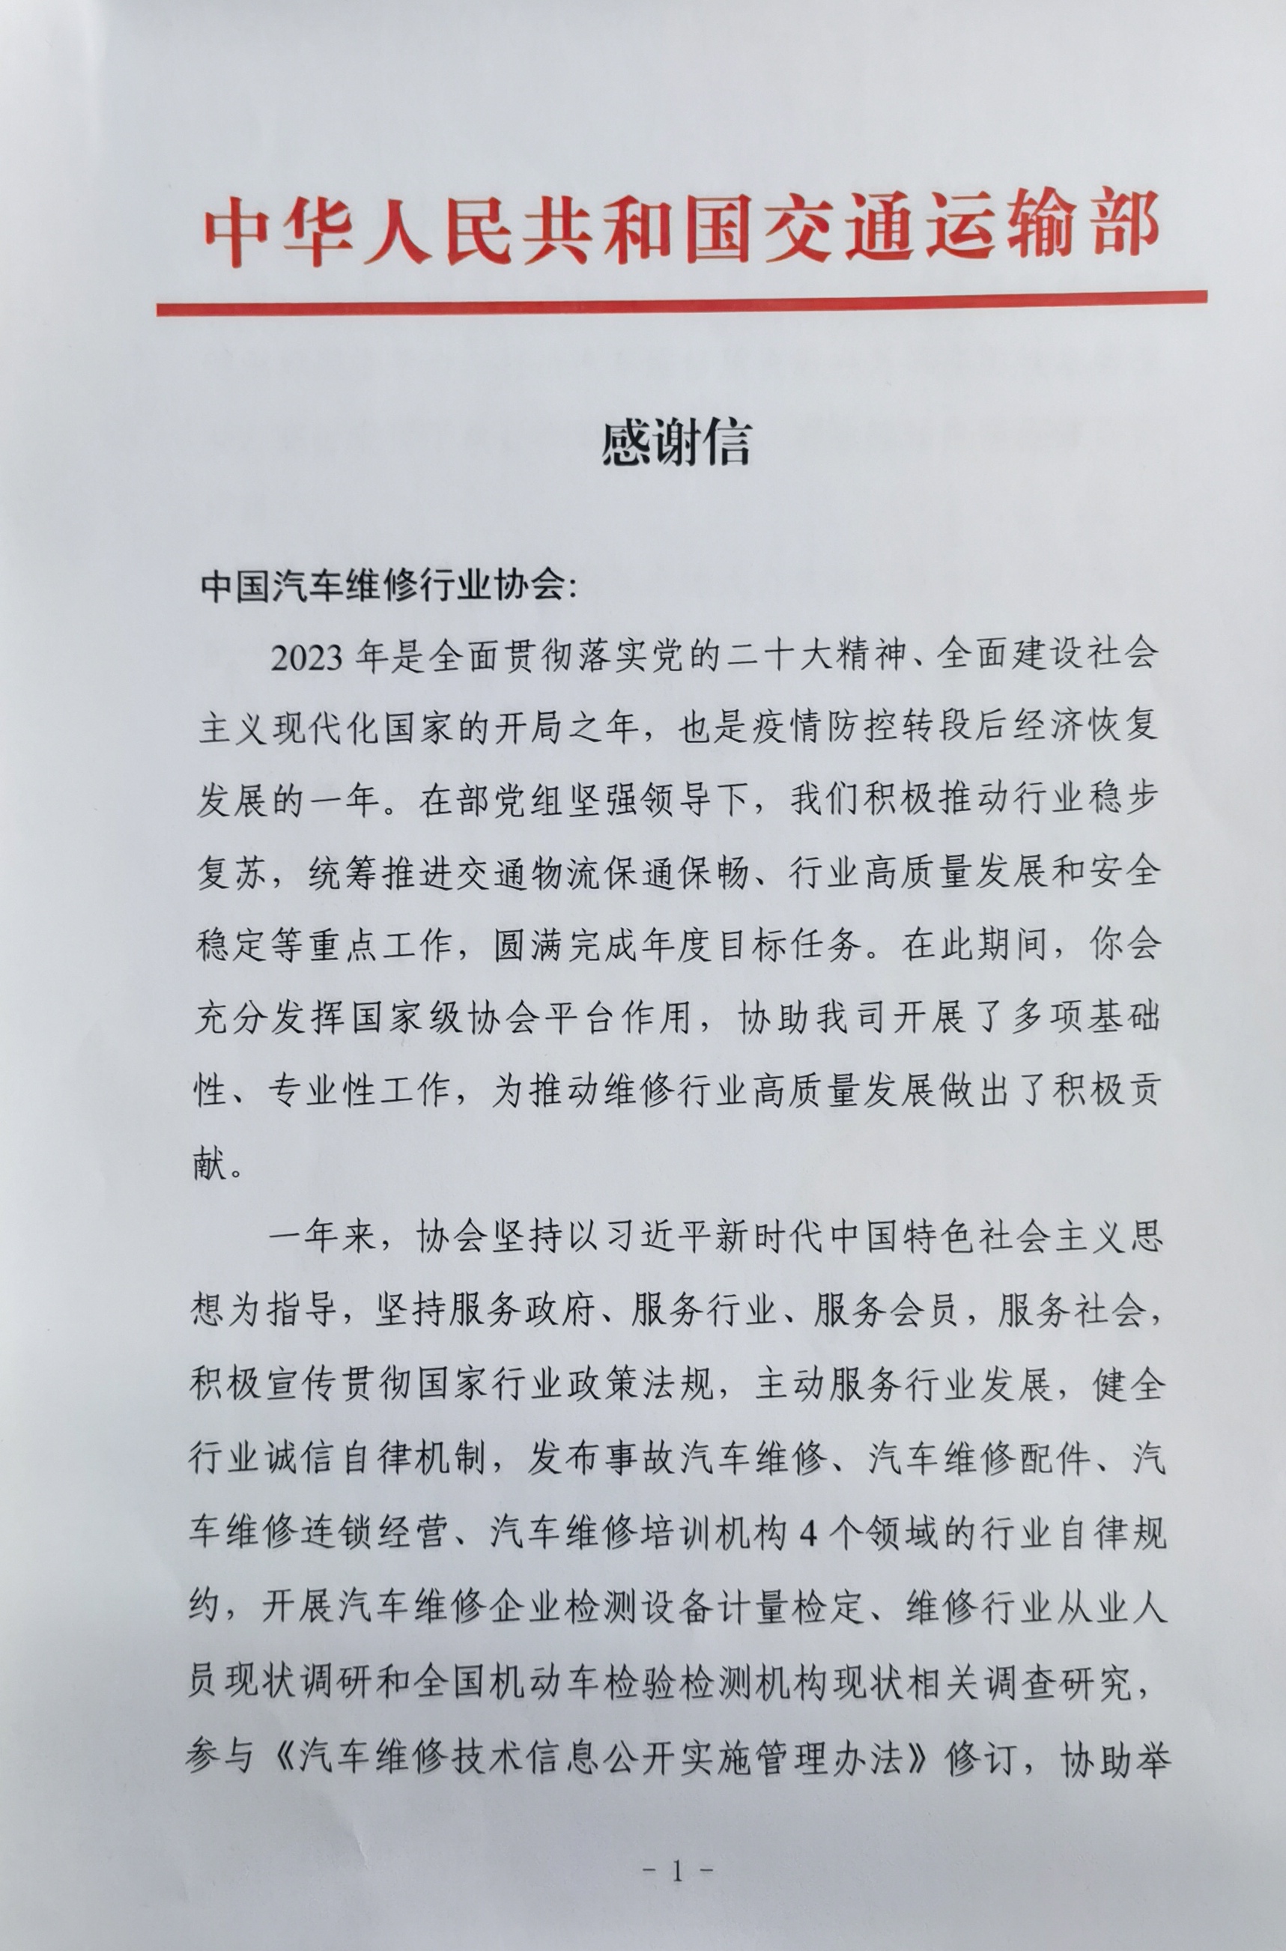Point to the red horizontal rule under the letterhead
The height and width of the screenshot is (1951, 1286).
pyautogui.click(x=681, y=303)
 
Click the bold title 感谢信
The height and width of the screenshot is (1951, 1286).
pyautogui.click(x=677, y=443)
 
